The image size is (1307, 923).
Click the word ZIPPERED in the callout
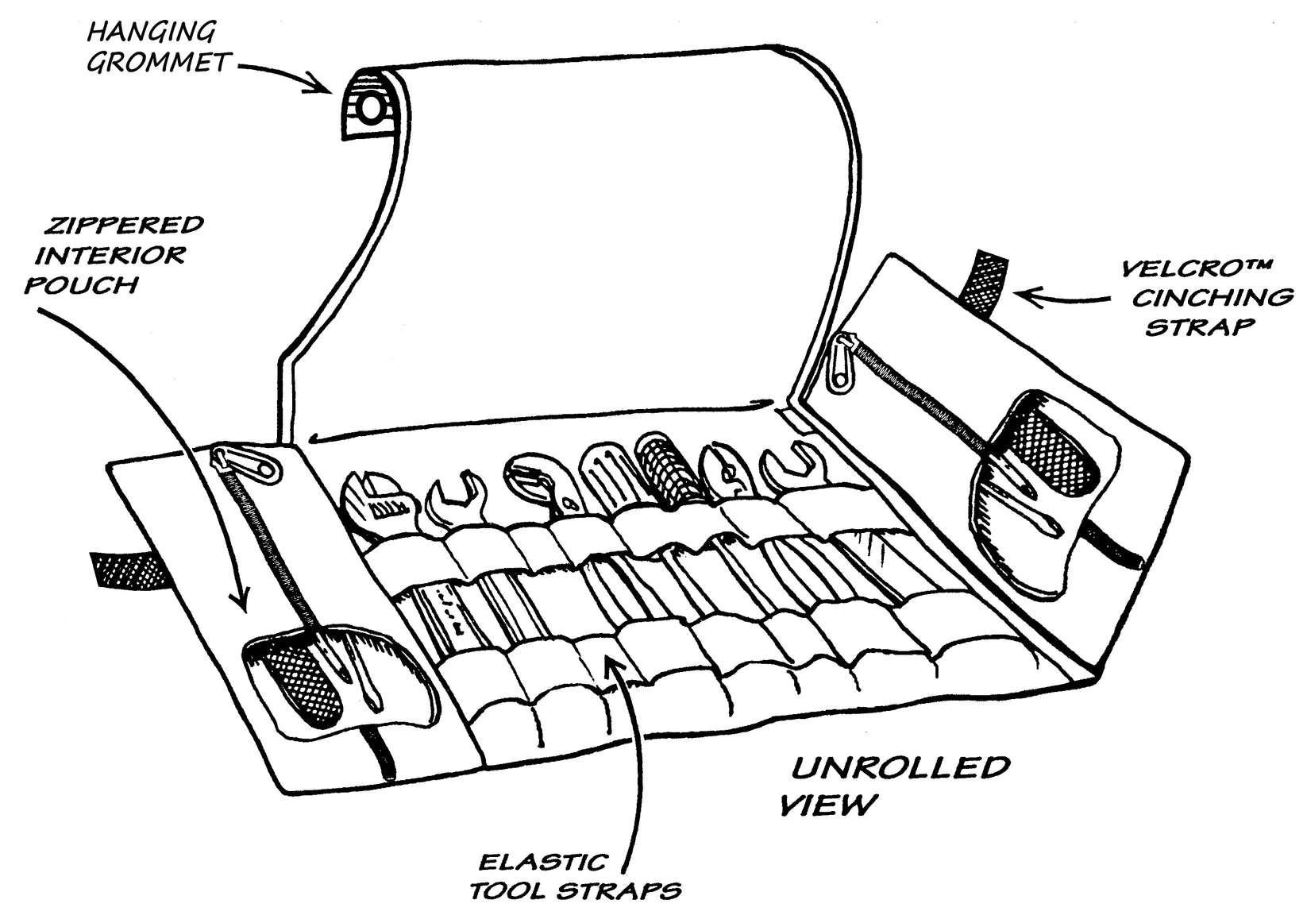coord(123,226)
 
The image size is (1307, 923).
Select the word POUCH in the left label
coord(82,284)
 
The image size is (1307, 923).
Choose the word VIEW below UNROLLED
coord(828,805)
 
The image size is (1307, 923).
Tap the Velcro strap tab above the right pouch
coord(982,281)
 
